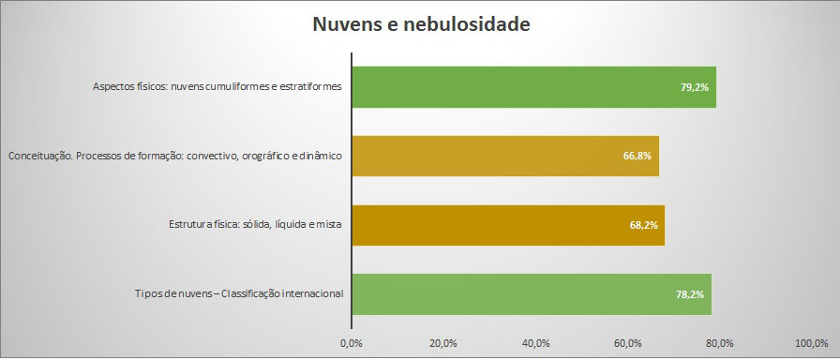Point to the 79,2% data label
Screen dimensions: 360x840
click(x=694, y=87)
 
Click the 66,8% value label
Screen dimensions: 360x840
click(x=637, y=156)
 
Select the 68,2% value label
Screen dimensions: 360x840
click(x=643, y=225)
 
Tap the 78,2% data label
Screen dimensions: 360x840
click(x=689, y=294)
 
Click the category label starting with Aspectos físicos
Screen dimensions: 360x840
click(x=217, y=87)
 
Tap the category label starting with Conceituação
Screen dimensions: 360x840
click(x=174, y=156)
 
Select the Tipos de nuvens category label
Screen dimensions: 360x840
click(x=239, y=294)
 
